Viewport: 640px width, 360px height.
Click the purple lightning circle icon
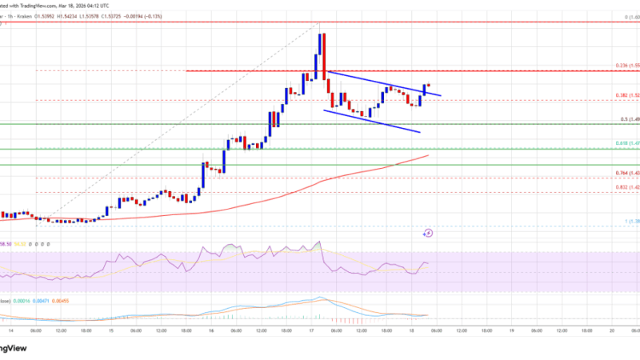427,233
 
